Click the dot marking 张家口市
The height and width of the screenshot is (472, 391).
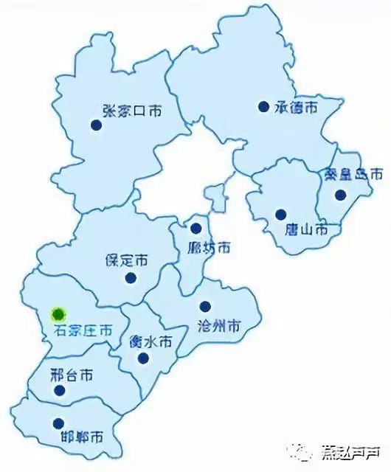[x=95, y=125]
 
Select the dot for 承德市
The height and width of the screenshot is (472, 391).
[x=263, y=106]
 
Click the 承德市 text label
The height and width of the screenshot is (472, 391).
[x=296, y=108]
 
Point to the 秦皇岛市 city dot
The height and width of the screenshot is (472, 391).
[x=340, y=195]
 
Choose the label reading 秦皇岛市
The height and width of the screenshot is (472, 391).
[x=354, y=176]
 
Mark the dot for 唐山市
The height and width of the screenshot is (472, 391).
[x=280, y=215]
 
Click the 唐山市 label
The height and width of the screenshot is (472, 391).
[x=306, y=230]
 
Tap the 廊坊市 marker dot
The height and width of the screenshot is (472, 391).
[x=195, y=228]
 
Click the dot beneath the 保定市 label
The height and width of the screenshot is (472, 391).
[x=131, y=278]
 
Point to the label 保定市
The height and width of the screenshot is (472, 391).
[x=126, y=260]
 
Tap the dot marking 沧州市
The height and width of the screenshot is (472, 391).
[x=205, y=306]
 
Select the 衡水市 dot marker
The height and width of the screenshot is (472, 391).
[x=142, y=358]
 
